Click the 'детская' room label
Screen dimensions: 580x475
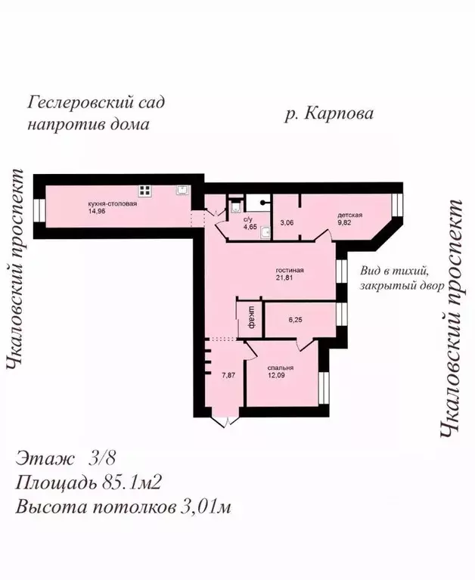(x=350, y=215)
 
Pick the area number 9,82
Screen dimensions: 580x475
(x=346, y=223)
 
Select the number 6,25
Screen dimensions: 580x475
(x=295, y=321)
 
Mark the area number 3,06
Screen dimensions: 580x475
(x=287, y=223)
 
